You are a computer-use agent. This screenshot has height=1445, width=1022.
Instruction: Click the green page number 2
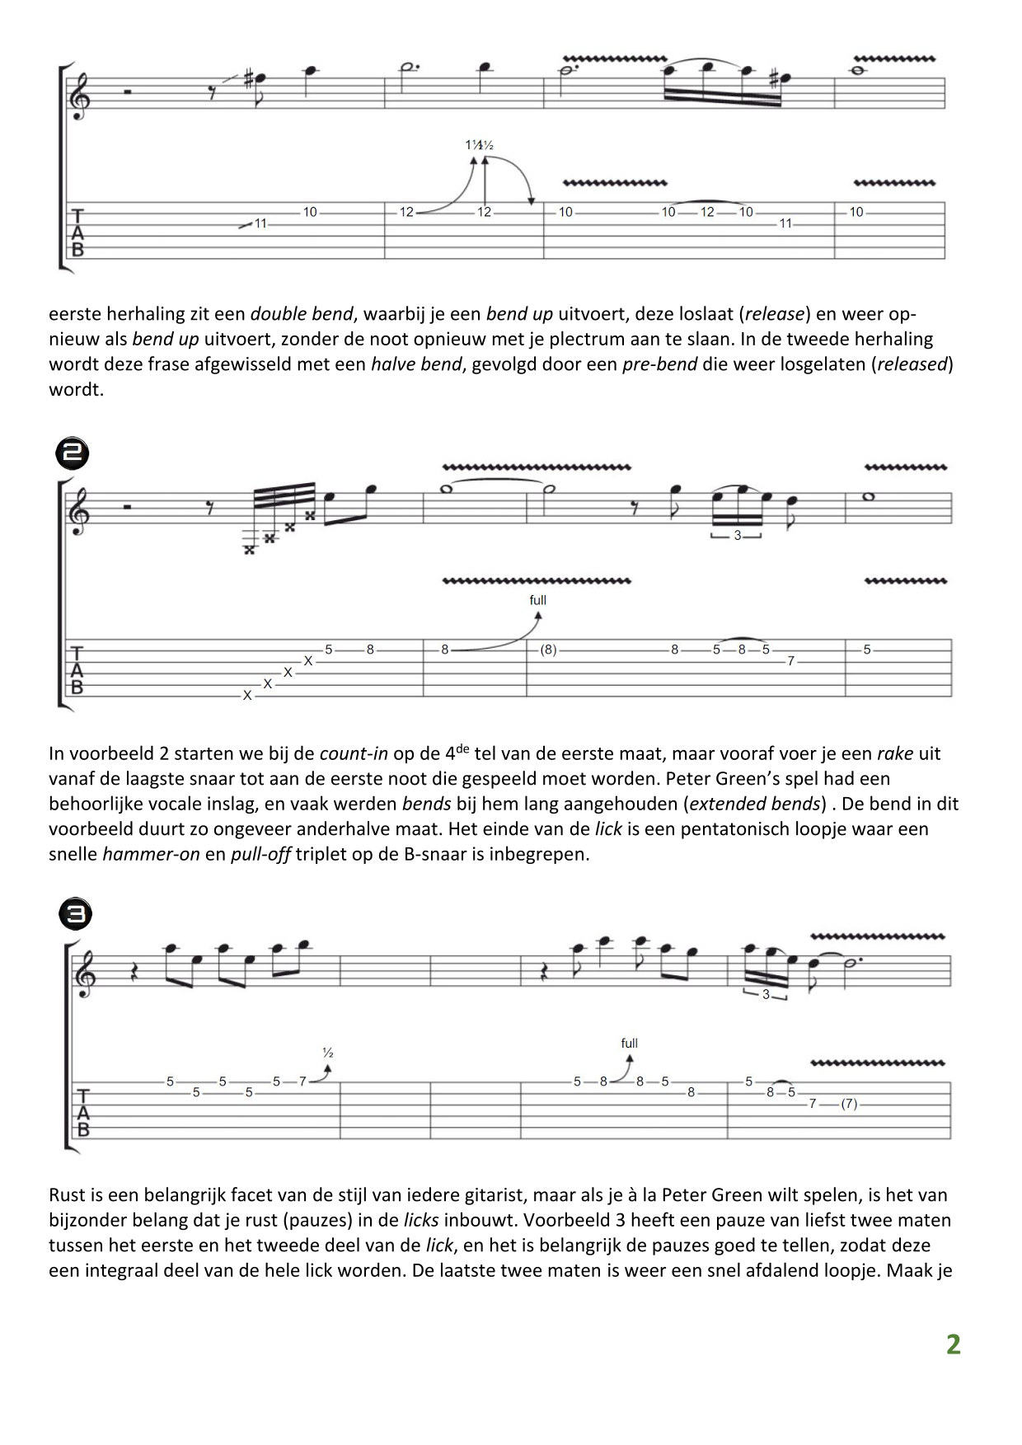(953, 1344)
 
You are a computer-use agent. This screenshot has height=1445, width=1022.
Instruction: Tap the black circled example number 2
(72, 454)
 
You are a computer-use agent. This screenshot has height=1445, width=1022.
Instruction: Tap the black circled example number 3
(75, 914)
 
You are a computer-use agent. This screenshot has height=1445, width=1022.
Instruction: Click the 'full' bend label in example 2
(537, 600)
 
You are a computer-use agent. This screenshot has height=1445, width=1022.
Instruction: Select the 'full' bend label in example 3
(629, 1044)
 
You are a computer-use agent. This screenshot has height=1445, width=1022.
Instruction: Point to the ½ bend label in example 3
(327, 1053)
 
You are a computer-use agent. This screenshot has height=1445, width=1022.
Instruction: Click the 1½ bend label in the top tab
(479, 145)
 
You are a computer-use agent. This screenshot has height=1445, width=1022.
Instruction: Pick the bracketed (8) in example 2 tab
(548, 650)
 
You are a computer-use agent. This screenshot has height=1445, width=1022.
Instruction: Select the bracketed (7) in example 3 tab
(849, 1104)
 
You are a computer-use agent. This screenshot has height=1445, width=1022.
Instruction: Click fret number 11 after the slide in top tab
(260, 223)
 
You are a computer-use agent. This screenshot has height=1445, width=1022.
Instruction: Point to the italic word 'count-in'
(354, 753)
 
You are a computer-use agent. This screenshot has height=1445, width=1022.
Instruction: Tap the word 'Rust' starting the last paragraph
(66, 1194)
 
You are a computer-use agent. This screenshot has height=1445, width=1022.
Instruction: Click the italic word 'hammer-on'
(151, 854)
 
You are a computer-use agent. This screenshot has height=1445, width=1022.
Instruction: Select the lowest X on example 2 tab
(246, 696)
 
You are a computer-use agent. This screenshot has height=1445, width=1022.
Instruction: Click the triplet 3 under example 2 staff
(738, 536)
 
